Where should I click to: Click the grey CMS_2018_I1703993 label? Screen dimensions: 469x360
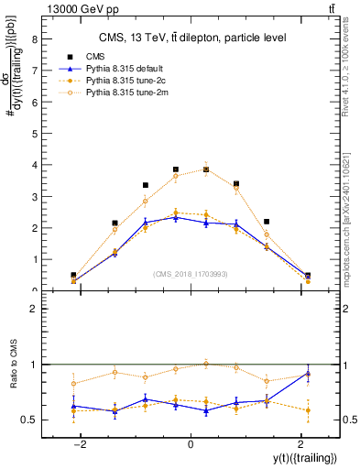pyautogui.click(x=190, y=274)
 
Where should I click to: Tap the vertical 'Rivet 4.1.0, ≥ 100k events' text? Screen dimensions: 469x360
pyautogui.click(x=351, y=73)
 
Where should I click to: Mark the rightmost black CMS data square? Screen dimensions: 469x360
pyautogui.click(x=308, y=275)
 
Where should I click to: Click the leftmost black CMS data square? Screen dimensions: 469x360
pyautogui.click(x=73, y=275)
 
